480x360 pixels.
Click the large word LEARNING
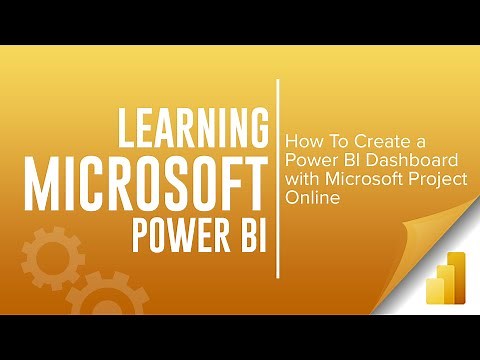click(x=193, y=131)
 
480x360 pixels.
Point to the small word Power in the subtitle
click(x=307, y=162)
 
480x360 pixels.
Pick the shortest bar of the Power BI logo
click(x=435, y=290)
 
